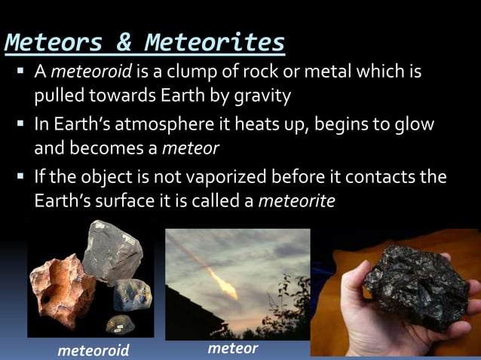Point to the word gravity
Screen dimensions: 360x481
[x=262, y=96]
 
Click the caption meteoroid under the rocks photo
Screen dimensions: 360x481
[x=94, y=350]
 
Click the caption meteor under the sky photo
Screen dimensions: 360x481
[x=232, y=348]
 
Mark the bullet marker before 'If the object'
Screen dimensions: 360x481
[x=20, y=177]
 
